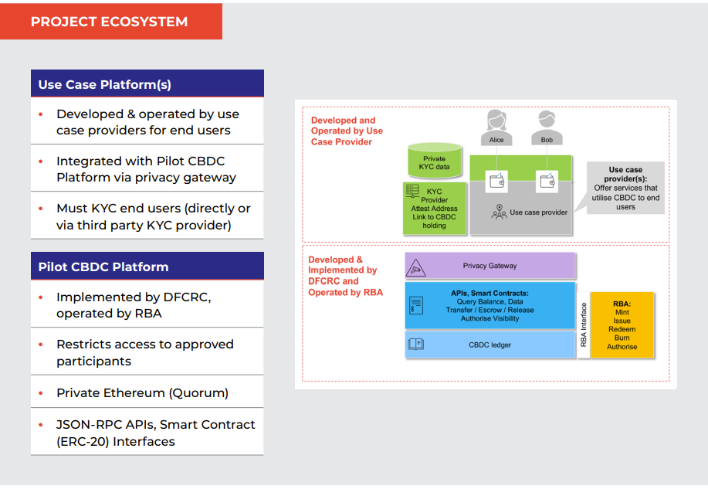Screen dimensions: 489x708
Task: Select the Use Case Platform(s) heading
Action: point(147,84)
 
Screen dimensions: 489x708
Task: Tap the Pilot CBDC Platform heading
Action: point(147,267)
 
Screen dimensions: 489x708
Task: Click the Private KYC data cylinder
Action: point(434,161)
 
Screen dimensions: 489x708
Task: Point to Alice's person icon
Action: point(496,124)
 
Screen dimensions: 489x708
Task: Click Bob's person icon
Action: point(547,124)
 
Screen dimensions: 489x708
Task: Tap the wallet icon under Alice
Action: point(496,182)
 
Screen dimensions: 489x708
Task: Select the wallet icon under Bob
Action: point(547,182)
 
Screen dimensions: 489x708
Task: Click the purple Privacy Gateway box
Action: point(490,266)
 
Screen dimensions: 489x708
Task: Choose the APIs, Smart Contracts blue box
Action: point(490,305)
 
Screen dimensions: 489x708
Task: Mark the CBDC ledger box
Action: point(490,345)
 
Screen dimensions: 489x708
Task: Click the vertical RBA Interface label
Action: point(584,325)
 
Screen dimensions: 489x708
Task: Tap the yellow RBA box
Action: point(622,325)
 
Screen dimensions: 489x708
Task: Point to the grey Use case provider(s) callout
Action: point(625,188)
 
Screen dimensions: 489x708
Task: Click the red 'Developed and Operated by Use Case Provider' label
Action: point(347,131)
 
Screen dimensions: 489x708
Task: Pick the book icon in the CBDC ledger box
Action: point(415,344)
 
